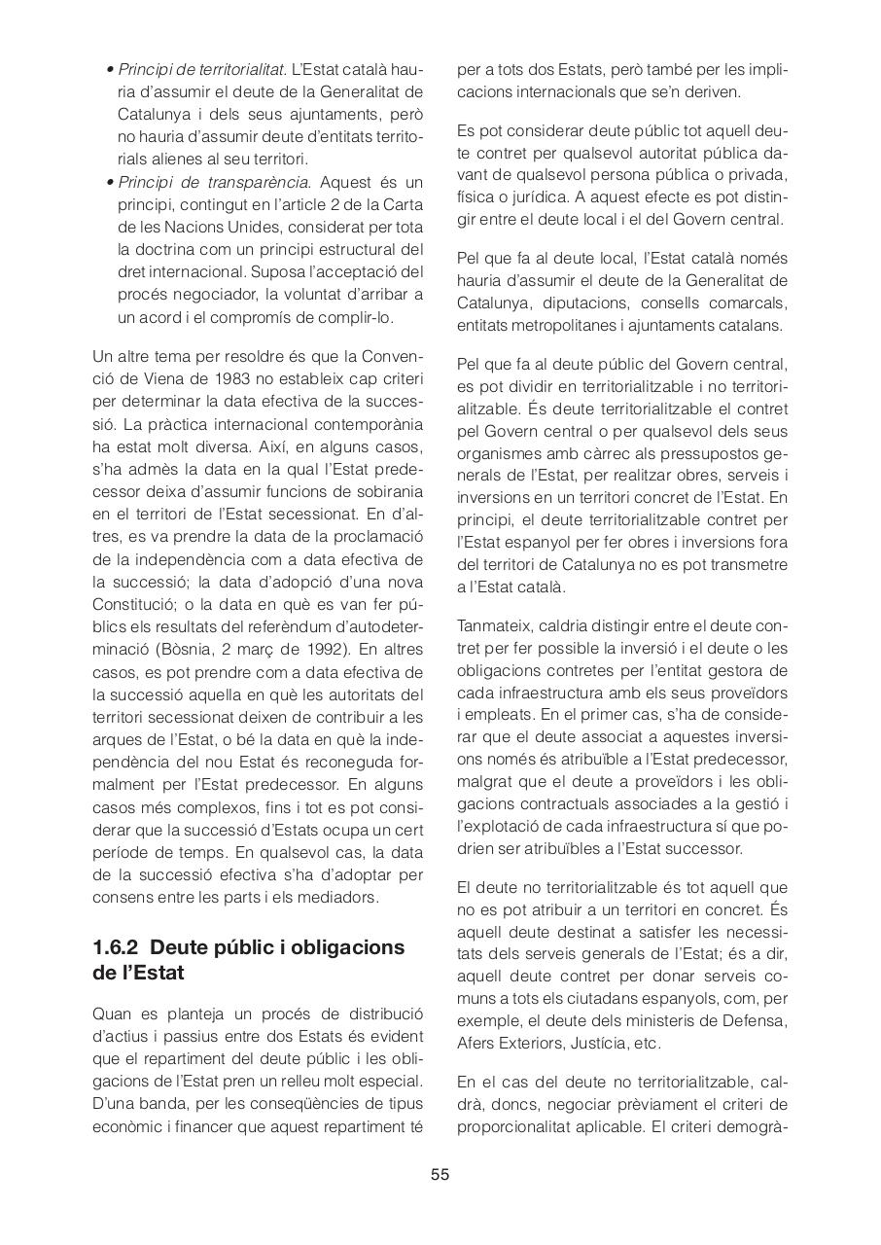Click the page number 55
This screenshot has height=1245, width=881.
click(440, 1174)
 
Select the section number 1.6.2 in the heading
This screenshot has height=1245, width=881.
click(117, 946)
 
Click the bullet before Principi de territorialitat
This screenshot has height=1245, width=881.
click(111, 70)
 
